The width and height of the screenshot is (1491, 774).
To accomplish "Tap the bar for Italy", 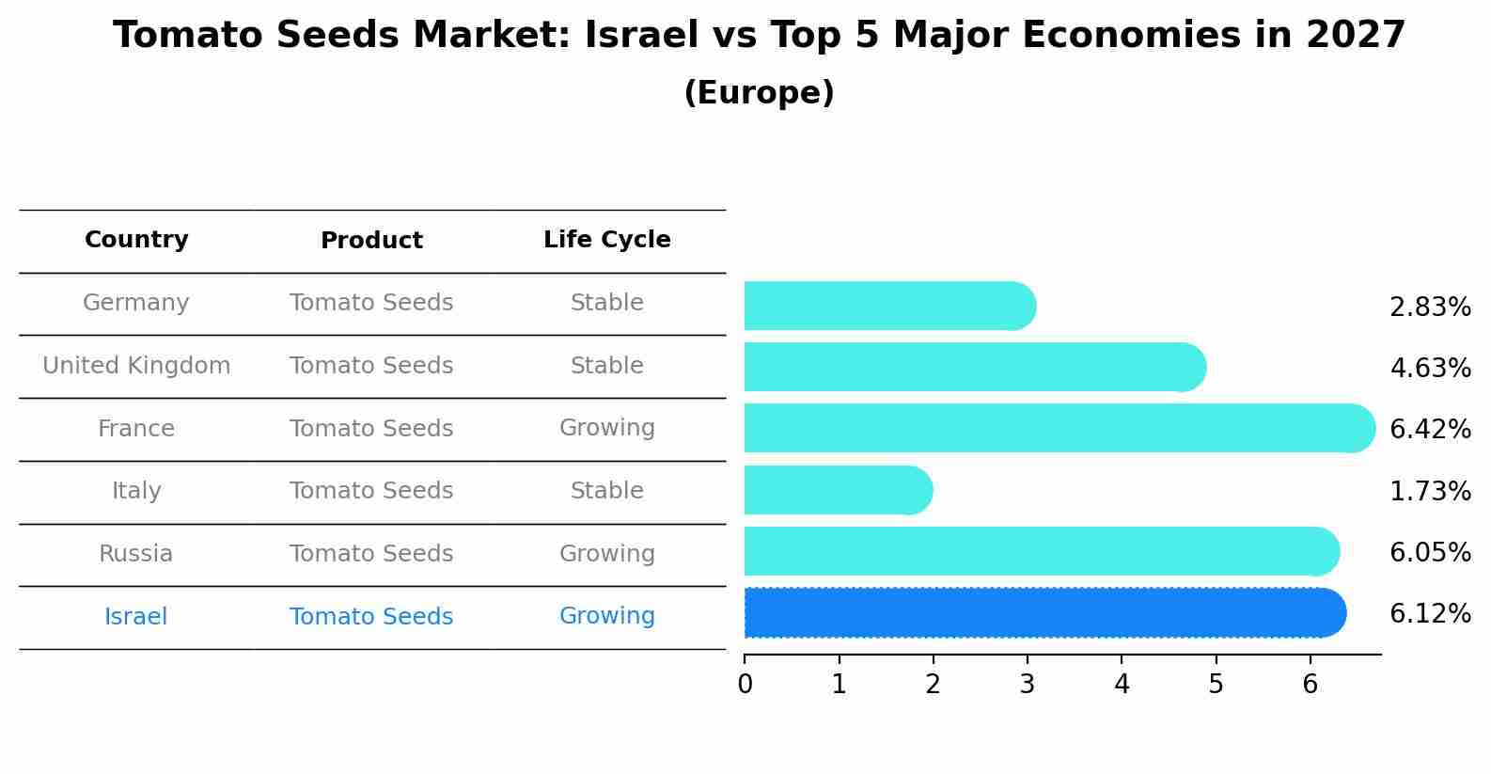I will point(838,490).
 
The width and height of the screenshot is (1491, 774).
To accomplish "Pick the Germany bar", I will point(889,306).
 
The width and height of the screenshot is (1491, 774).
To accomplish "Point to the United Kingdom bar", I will point(974,367).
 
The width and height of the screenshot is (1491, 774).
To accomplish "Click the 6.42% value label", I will point(1430,430).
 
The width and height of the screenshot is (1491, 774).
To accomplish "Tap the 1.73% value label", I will point(1430,491).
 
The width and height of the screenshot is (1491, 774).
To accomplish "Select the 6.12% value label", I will point(1430,614).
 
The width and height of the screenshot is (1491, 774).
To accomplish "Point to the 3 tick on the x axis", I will point(1027,685).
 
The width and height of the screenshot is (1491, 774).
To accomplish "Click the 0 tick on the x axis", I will point(745,685).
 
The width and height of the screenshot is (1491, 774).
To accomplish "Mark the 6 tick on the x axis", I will point(1310,685).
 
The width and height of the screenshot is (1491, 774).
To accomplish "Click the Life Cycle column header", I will point(606,240).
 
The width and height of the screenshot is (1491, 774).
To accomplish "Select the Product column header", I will point(371,241).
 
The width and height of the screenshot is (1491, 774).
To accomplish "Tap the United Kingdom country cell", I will point(136,366).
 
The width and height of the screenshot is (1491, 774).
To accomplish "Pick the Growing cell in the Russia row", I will point(606,554).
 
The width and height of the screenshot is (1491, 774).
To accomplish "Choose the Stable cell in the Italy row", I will point(606,491).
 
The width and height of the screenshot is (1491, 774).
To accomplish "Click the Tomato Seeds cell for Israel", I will point(371,617).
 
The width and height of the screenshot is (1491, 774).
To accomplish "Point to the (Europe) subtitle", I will point(759,93).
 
